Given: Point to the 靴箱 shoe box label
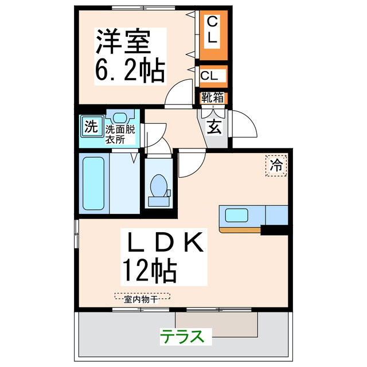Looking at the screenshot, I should pyautogui.click(x=212, y=98).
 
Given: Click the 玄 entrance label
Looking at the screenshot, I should pyautogui.click(x=214, y=127).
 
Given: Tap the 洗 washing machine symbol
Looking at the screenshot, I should pyautogui.click(x=91, y=126).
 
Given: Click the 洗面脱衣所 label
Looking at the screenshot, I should pyautogui.click(x=120, y=133).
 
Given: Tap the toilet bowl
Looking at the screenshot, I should pyautogui.click(x=158, y=189).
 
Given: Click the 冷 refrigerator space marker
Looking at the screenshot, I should pyautogui.click(x=276, y=166).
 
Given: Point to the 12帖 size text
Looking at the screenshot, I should pyautogui.click(x=148, y=271).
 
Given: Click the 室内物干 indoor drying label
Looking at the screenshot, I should pyautogui.click(x=142, y=297).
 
